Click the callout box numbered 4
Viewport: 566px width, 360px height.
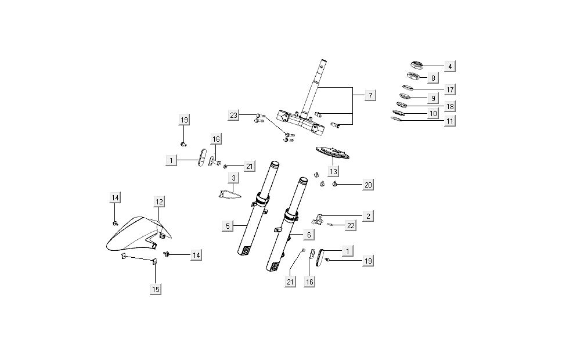pyautogui.click(x=449, y=67)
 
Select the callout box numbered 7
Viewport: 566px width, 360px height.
pyautogui.click(x=370, y=95)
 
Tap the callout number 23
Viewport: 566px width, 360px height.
pyautogui.click(x=233, y=116)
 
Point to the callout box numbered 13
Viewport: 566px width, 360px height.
pyautogui.click(x=333, y=172)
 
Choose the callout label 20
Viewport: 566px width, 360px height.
pyautogui.click(x=368, y=185)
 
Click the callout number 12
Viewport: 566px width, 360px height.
pyautogui.click(x=159, y=201)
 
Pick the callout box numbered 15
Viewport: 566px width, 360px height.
pyautogui.click(x=156, y=289)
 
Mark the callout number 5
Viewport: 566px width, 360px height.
pyautogui.click(x=228, y=226)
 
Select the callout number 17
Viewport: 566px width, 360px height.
pyautogui.click(x=449, y=89)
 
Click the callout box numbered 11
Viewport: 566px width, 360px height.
pyautogui.click(x=449, y=121)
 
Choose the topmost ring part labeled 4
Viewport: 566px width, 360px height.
pyautogui.click(x=418, y=64)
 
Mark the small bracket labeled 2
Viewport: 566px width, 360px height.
pyautogui.click(x=320, y=219)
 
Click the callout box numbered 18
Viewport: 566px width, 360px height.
pyautogui.click(x=449, y=107)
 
